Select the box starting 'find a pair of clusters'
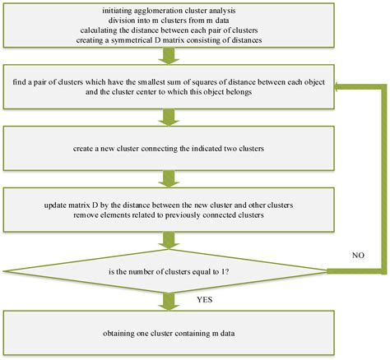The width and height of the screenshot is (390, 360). click(x=168, y=86)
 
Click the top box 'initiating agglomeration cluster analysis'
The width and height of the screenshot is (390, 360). click(x=168, y=25)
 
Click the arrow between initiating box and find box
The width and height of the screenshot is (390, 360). click(x=168, y=56)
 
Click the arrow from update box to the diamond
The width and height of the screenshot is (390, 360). click(x=168, y=241)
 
